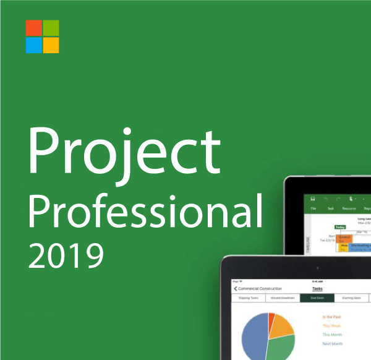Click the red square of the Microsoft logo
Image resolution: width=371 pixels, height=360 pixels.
pos(33,28)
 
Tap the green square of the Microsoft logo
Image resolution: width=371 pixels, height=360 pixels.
pos(51,28)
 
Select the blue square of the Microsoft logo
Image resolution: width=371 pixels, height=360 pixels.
pos(33,45)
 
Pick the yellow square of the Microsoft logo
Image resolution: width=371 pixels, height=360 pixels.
pos(51,45)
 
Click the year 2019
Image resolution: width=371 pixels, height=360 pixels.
pos(66,254)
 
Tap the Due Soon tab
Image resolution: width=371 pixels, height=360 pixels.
pos(317,298)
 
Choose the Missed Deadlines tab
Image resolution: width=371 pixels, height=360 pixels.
pos(282,298)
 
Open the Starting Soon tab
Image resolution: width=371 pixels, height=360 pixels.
pos(351,298)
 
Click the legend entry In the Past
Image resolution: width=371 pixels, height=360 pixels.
pos(333,316)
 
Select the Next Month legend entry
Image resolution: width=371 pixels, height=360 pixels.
pos(333,344)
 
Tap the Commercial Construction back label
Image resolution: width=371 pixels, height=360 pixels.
pos(260,288)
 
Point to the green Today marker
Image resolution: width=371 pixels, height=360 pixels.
pos(341,228)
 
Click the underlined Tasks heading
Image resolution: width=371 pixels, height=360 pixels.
pos(317,288)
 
